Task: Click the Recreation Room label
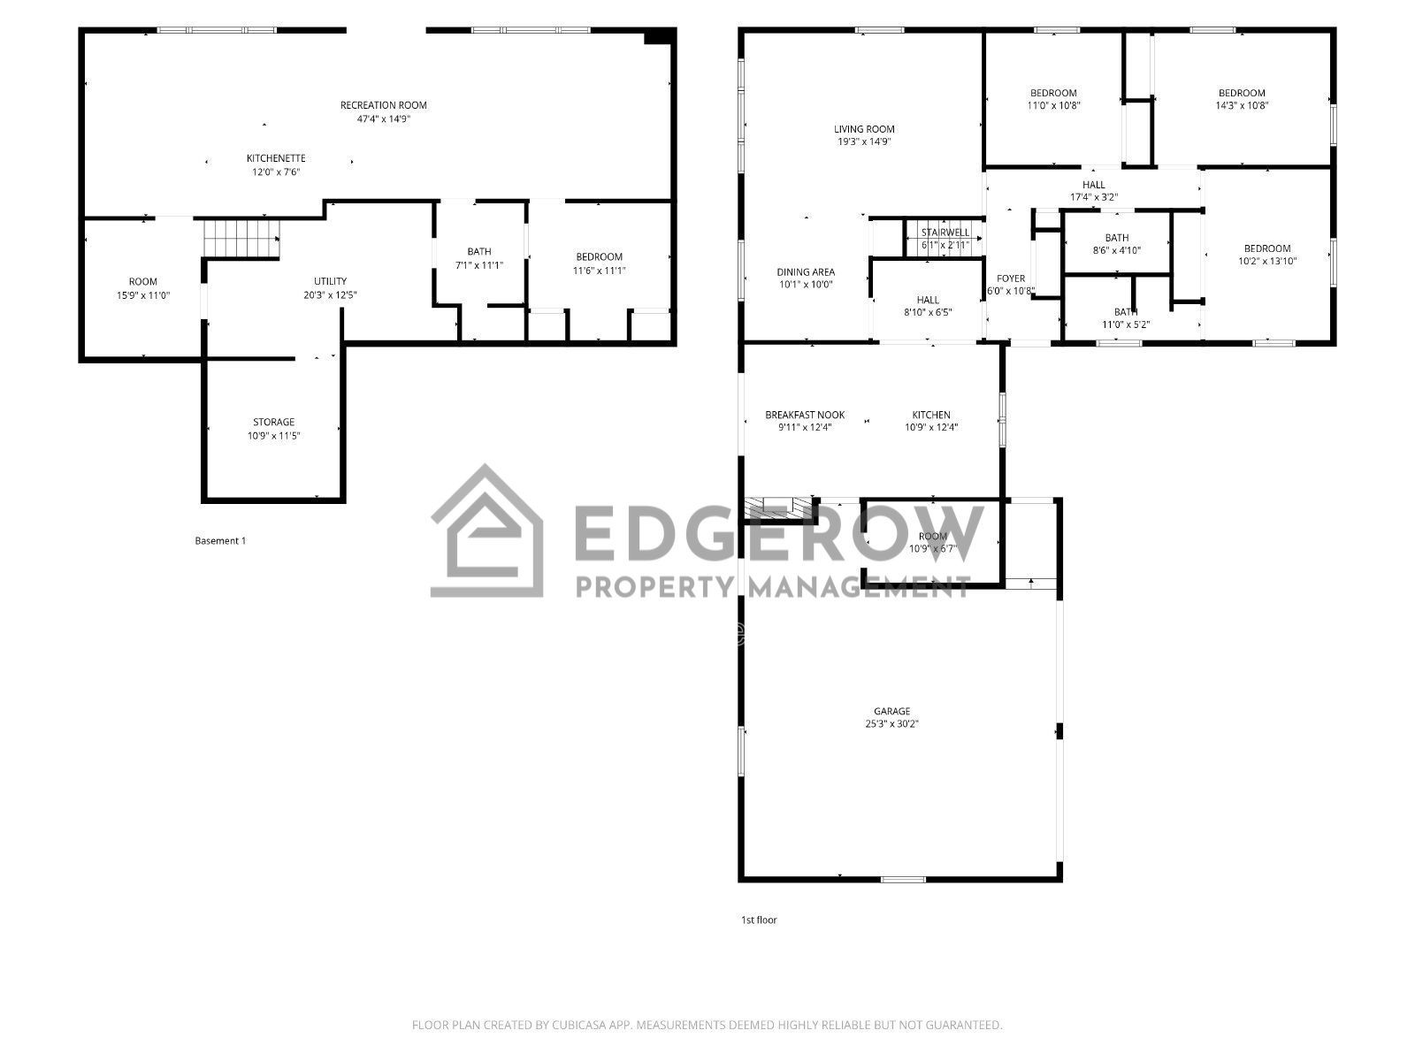pyautogui.click(x=383, y=105)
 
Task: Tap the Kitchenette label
pyautogui.click(x=275, y=158)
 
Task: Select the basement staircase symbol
pyautogui.click(x=241, y=238)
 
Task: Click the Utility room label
pyautogui.click(x=330, y=281)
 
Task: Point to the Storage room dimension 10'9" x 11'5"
pyautogui.click(x=273, y=435)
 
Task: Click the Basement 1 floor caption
pyautogui.click(x=220, y=540)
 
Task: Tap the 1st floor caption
pyautogui.click(x=759, y=920)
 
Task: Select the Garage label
pyautogui.click(x=891, y=711)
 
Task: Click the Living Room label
pyautogui.click(x=864, y=129)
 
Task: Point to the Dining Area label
pyautogui.click(x=806, y=272)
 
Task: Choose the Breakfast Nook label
pyautogui.click(x=805, y=415)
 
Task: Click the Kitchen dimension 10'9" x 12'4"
pyautogui.click(x=931, y=427)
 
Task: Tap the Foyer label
pyautogui.click(x=1011, y=279)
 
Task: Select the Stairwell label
pyautogui.click(x=945, y=233)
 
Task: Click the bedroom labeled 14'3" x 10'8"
pyautogui.click(x=1242, y=98)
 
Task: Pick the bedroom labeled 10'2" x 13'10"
pyautogui.click(x=1267, y=255)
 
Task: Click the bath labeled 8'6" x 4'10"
pyautogui.click(x=1117, y=243)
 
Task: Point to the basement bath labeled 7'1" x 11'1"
pyautogui.click(x=479, y=258)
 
